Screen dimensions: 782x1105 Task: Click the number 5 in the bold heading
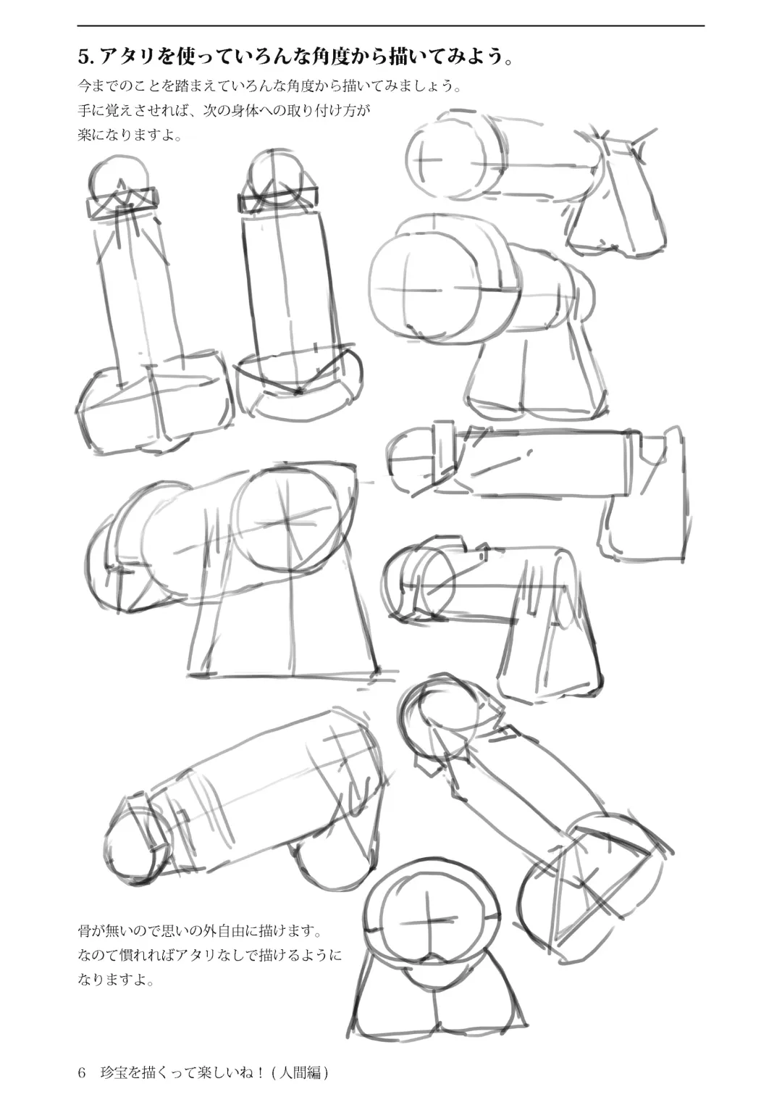coord(83,58)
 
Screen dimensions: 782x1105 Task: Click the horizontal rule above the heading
coord(391,25)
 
